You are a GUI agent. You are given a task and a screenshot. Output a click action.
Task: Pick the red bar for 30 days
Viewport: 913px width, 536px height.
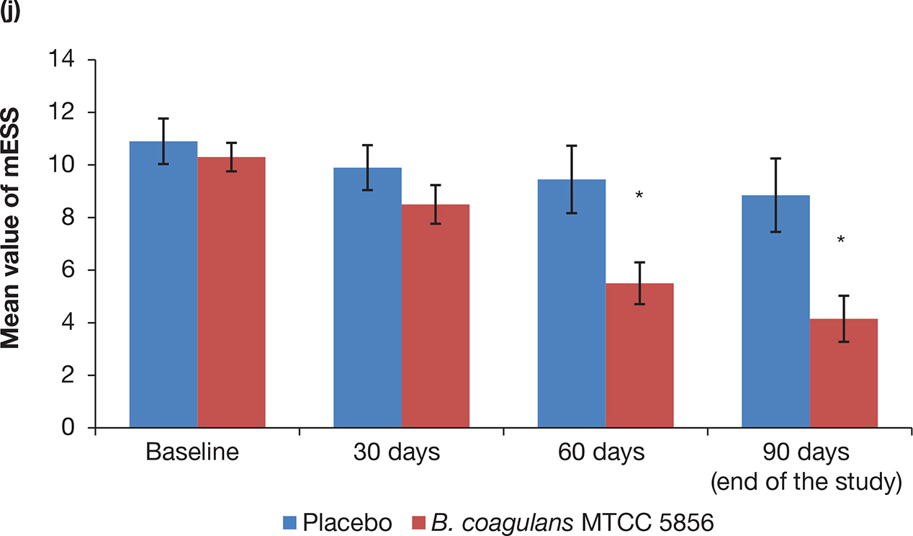[x=435, y=316]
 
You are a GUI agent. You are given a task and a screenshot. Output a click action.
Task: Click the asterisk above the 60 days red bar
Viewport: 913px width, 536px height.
[x=639, y=196]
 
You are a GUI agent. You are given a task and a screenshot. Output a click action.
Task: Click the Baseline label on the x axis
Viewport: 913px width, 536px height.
[x=193, y=454]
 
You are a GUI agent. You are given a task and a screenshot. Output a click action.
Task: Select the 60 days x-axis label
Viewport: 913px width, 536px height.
[x=602, y=454]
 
